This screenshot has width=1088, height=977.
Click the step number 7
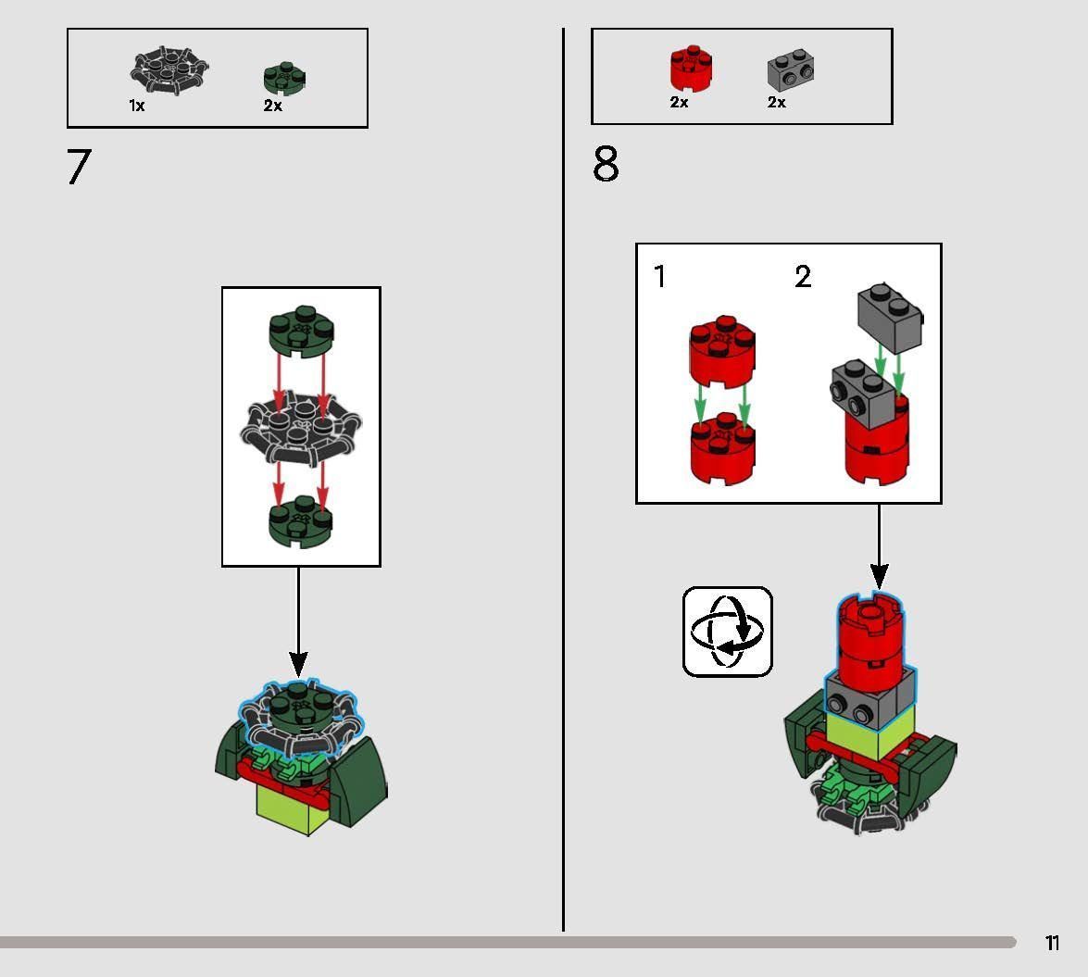[80, 168]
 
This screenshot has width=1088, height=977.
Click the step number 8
[606, 165]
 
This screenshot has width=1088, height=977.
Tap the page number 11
[1052, 943]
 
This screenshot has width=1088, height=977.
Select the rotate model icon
[728, 632]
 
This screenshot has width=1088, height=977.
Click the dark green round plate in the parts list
[284, 79]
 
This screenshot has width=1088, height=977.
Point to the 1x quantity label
[137, 106]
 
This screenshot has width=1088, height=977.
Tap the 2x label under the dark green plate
[272, 106]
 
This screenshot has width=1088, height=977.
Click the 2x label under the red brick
[679, 103]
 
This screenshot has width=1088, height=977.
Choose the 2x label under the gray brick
[776, 103]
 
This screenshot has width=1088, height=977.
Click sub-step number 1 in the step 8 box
[659, 276]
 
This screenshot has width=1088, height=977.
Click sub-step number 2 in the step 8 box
[803, 276]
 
